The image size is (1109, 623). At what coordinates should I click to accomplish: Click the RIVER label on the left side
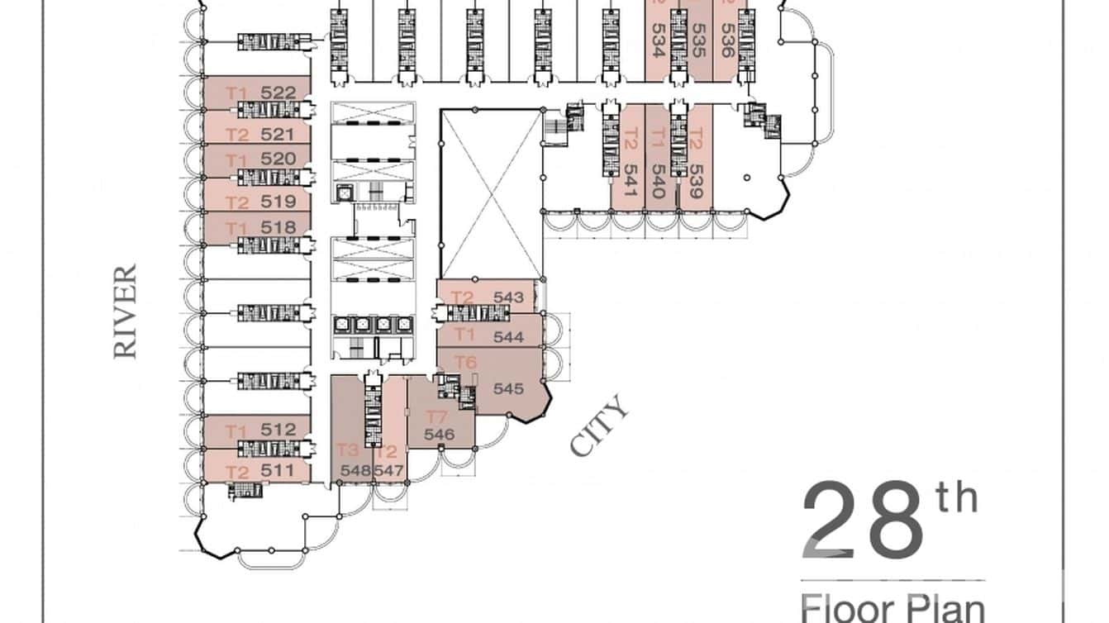[x=125, y=311]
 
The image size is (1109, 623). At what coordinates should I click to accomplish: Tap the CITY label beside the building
[x=600, y=426]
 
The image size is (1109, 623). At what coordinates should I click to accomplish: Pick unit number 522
[x=278, y=93]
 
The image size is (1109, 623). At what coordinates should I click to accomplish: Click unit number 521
[x=278, y=134]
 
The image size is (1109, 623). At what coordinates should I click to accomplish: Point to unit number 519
[x=278, y=202]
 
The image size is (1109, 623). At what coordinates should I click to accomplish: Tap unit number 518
[x=278, y=227]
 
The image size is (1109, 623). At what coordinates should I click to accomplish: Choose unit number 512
[x=278, y=430]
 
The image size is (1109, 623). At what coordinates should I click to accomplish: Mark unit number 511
[x=278, y=471]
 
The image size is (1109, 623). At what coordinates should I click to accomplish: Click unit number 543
[x=509, y=297]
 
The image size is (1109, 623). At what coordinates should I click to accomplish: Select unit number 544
[x=509, y=337]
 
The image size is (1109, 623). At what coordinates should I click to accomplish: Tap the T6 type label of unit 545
[x=466, y=362]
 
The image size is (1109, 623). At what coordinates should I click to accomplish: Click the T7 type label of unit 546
[x=436, y=416]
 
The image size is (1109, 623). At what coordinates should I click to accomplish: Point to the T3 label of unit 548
[x=348, y=450]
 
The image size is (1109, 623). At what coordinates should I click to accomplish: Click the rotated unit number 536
[x=727, y=39]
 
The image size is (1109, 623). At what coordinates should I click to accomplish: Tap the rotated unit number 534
[x=658, y=39]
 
